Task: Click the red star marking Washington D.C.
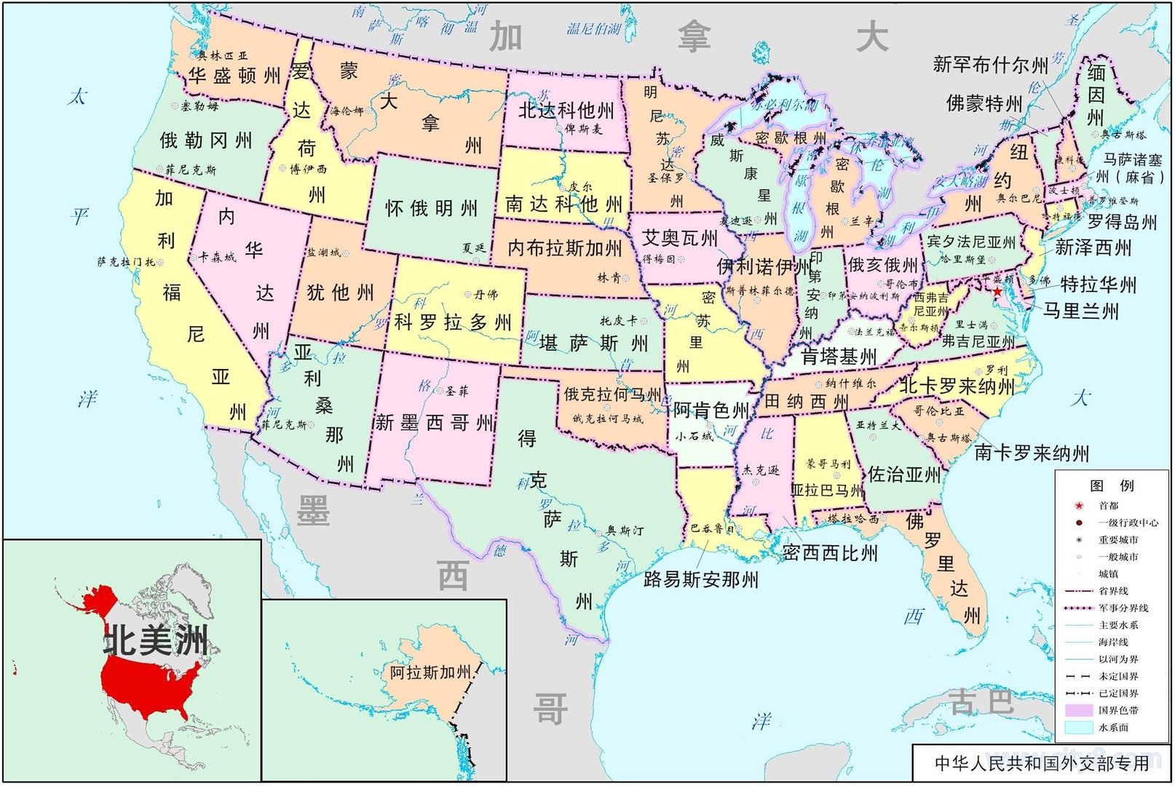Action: pyautogui.click(x=997, y=291)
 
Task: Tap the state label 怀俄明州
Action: pyautogui.click(x=431, y=209)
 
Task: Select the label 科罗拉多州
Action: pyautogui.click(x=453, y=322)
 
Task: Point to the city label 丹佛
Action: pyautogui.click(x=486, y=295)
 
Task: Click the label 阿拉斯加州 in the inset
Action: pyautogui.click(x=430, y=672)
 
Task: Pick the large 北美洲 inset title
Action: pyautogui.click(x=156, y=641)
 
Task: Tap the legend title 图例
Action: pyautogui.click(x=1112, y=485)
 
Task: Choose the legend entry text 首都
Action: pyautogui.click(x=1108, y=506)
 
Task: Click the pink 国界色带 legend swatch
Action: pyautogui.click(x=1078, y=710)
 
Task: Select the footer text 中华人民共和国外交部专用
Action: pyautogui.click(x=1041, y=763)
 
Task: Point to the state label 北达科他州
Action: pyautogui.click(x=566, y=111)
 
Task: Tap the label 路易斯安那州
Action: pyautogui.click(x=700, y=579)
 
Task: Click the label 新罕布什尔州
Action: pyautogui.click(x=990, y=65)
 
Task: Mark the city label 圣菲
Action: pyautogui.click(x=457, y=392)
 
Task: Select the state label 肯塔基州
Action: pyautogui.click(x=839, y=357)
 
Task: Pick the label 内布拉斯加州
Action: pyautogui.click(x=564, y=248)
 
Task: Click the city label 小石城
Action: pyautogui.click(x=694, y=436)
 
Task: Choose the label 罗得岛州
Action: pyautogui.click(x=1122, y=222)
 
